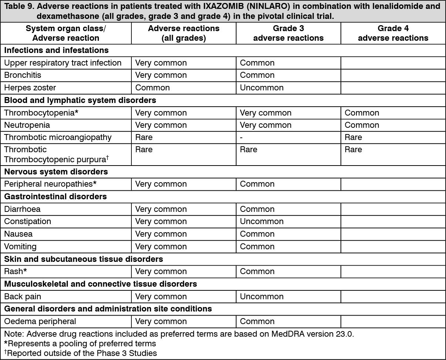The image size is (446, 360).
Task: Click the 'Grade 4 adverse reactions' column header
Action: click(393, 33)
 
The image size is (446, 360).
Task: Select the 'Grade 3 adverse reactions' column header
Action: click(288, 33)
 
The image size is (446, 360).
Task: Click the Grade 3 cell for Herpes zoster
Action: click(262, 88)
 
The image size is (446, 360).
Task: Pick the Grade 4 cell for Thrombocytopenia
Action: click(362, 113)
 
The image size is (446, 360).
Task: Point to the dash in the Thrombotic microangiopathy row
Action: click(241, 137)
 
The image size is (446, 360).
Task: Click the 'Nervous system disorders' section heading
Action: click(56, 172)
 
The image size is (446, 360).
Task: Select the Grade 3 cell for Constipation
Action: click(262, 221)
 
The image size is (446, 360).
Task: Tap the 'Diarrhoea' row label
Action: click(22, 209)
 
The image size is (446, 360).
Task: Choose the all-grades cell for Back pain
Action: click(161, 297)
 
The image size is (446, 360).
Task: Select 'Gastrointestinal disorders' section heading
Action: click(56, 197)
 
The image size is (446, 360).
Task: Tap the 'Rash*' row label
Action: click(16, 271)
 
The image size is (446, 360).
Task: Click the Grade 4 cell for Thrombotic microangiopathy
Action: click(353, 137)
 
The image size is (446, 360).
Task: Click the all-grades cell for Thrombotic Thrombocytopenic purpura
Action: click(144, 150)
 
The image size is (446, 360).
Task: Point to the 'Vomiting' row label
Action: click(20, 246)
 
